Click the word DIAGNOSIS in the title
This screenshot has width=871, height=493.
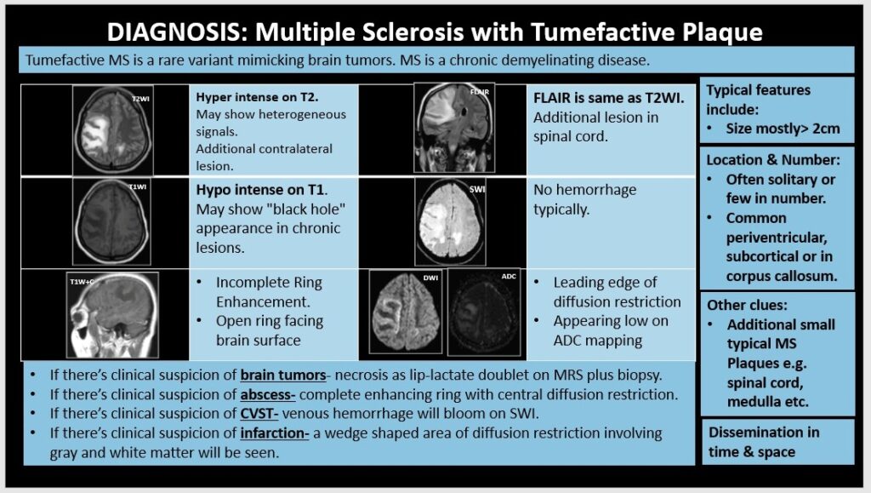pos(174,32)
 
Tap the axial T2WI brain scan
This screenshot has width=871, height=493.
pos(113,130)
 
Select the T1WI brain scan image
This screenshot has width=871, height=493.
pos(111,221)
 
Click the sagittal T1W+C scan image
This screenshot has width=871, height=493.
pos(112,314)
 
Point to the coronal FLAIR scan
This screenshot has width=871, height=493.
pos(454,128)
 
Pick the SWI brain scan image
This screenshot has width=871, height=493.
pos(451,221)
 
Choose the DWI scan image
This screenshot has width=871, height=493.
pos(406,312)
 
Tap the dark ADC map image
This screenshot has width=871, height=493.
pos(484,312)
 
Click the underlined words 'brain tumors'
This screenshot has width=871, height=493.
pos(283,375)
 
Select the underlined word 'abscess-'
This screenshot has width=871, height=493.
pos(268,394)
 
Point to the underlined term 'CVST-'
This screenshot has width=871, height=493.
pos(259,414)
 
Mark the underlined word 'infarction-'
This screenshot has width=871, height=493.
pos(275,433)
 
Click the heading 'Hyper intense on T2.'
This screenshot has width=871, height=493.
pos(257,97)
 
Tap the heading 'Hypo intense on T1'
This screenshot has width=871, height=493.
pos(261,190)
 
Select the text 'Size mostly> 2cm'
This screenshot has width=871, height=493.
pos(783,129)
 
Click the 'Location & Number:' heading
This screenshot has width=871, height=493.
pos(773,160)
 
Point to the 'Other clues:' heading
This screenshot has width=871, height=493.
pos(747,305)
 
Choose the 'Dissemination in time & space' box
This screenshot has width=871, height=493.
pos(777,442)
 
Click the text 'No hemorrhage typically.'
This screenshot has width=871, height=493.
pos(585,199)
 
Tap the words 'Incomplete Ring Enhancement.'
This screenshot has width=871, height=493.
pos(270,292)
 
